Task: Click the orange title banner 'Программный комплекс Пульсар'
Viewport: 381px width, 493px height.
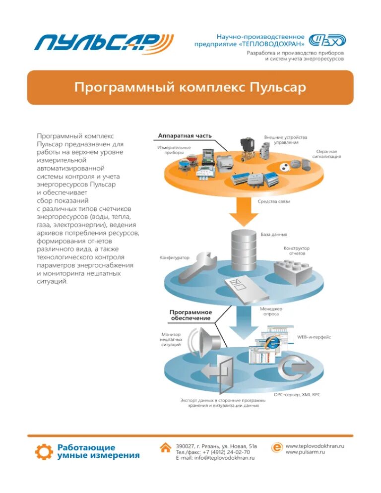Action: click(190, 88)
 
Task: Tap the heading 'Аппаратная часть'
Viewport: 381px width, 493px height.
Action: click(185, 135)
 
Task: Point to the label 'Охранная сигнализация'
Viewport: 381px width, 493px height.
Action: click(326, 154)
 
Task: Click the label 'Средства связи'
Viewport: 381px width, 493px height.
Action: click(274, 201)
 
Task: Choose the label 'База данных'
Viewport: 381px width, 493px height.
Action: click(274, 234)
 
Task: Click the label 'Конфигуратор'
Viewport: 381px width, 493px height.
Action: click(175, 258)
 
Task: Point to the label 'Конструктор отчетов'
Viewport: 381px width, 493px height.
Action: click(297, 250)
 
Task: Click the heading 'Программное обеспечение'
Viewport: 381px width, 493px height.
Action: click(191, 315)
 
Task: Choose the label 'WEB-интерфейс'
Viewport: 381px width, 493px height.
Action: click(314, 337)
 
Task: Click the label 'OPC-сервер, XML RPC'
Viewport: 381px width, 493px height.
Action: click(297, 395)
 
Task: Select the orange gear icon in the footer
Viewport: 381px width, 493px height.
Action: click(44, 452)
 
